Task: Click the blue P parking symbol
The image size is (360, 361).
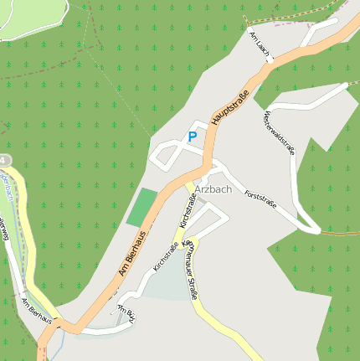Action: pyautogui.click(x=193, y=137)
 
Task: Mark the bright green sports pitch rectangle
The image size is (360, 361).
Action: pyautogui.click(x=142, y=207)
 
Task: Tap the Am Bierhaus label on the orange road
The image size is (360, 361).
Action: pyautogui.click(x=132, y=255)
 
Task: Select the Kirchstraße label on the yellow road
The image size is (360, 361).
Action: pyautogui.click(x=188, y=211)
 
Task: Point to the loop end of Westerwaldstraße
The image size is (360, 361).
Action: pyautogui.click(x=311, y=227)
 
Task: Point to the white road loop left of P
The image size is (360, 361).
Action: pyautogui.click(x=166, y=152)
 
